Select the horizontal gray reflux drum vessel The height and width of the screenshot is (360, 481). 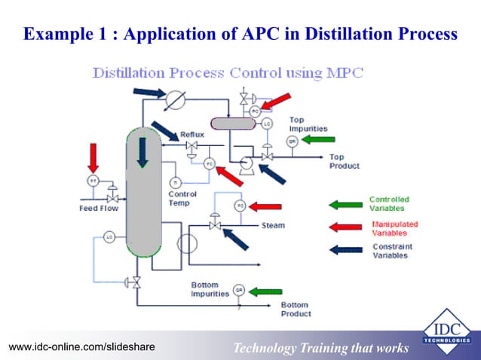pyautogui.click(x=234, y=123)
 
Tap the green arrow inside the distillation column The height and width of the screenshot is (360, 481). pyautogui.click(x=142, y=153)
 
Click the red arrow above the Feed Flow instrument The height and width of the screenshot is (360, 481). pyautogui.click(x=93, y=156)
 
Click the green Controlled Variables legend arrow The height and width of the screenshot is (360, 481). pyautogui.click(x=345, y=204)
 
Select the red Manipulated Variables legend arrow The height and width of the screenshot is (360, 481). pyautogui.click(x=345, y=227)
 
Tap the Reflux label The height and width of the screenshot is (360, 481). pyautogui.click(x=191, y=133)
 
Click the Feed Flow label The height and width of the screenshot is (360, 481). pyautogui.click(x=99, y=208)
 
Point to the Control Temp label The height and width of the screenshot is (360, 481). pyautogui.click(x=182, y=198)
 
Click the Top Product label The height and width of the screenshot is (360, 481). pyautogui.click(x=344, y=161)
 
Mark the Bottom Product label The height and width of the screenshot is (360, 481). pyautogui.click(x=295, y=309)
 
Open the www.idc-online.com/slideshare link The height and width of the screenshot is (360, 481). pyautogui.click(x=81, y=346)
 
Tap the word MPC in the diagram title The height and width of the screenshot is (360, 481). pyautogui.click(x=345, y=73)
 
